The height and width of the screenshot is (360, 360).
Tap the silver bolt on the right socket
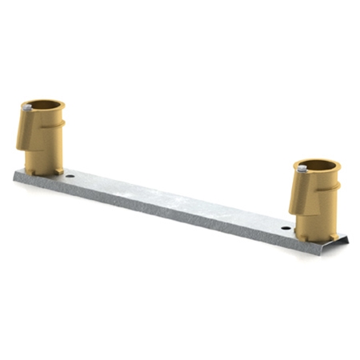pos(302,168)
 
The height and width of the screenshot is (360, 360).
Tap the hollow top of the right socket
pos(318,166)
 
